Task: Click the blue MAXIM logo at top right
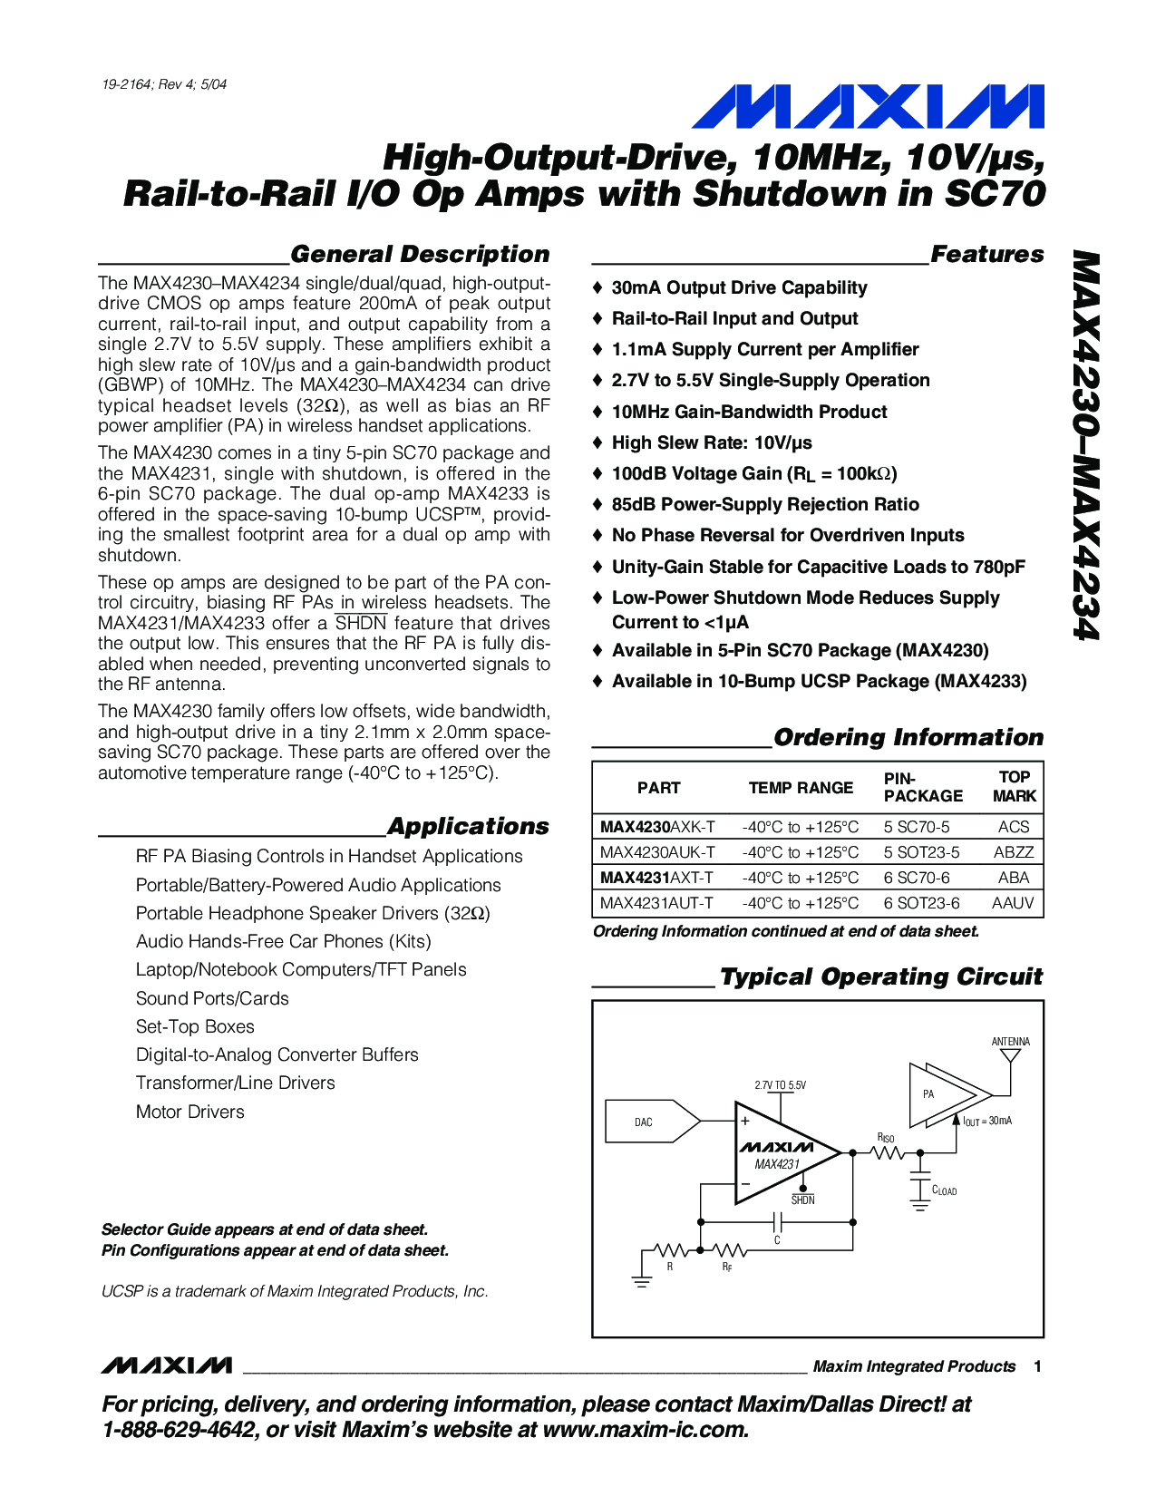[x=868, y=107]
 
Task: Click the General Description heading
[x=420, y=255]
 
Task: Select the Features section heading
[x=986, y=255]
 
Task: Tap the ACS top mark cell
[x=1013, y=827]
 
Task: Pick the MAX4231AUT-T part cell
[x=656, y=903]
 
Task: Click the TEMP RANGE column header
[x=801, y=788]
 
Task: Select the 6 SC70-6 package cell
[x=917, y=878]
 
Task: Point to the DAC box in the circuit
[x=645, y=1122]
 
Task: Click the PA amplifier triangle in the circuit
[x=943, y=1094]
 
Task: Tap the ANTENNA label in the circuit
[x=1010, y=1042]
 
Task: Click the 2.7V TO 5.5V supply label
[x=780, y=1085]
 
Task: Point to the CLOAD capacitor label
[x=944, y=1190]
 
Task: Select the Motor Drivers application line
[x=190, y=1112]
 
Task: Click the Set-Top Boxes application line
[x=195, y=1026]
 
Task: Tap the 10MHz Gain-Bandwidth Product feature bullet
[x=749, y=412]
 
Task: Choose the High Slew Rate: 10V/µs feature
[x=712, y=442]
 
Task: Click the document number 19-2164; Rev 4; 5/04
[x=164, y=84]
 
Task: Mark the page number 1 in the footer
[x=1037, y=1366]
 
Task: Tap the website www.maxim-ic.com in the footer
[x=645, y=1431]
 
